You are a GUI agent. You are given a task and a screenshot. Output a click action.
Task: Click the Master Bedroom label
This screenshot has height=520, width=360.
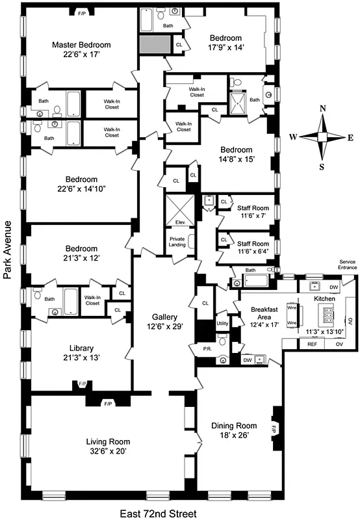click(81, 45)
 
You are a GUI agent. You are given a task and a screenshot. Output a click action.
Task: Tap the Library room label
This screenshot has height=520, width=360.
click(81, 347)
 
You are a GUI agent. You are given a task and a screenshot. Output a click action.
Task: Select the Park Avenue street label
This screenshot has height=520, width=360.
click(7, 250)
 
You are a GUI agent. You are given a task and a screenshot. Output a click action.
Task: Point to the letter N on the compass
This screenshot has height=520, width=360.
click(323, 109)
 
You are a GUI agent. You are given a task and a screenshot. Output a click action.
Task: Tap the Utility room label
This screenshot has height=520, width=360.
click(222, 323)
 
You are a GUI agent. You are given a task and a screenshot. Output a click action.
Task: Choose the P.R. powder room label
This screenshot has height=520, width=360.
click(207, 349)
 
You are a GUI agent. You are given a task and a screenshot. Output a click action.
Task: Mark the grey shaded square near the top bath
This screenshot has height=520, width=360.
click(151, 44)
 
